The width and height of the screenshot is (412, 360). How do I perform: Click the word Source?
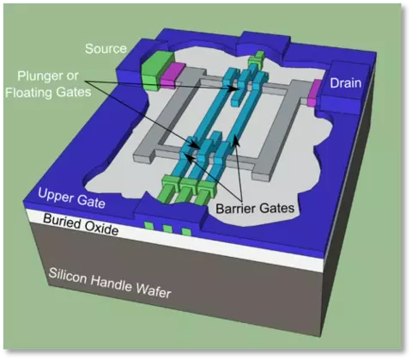[x=106, y=49]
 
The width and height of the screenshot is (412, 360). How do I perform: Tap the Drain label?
[x=346, y=83]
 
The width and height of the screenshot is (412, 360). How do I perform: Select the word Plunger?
[x=39, y=76]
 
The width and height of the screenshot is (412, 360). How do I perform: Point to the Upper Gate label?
[x=71, y=198]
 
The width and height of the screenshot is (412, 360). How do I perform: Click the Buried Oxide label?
[x=81, y=225]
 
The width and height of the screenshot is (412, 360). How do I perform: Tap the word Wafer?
[x=154, y=290]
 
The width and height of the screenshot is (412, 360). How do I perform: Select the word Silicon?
[x=68, y=275]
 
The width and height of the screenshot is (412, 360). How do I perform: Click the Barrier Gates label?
[x=255, y=208]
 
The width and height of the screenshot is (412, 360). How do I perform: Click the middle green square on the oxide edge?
[x=167, y=229]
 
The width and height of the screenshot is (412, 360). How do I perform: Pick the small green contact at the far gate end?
[x=257, y=59]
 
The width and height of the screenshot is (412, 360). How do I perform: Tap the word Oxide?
[x=101, y=228]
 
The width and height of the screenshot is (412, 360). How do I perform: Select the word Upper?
[x=53, y=195]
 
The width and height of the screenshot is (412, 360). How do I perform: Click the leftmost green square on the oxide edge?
[x=148, y=226]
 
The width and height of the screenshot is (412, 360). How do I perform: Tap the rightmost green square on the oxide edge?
[x=186, y=232]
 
